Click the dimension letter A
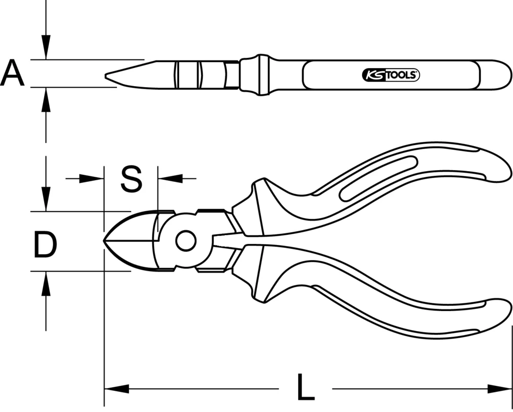click(12, 73)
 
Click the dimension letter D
click(45, 244)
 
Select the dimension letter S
click(131, 179)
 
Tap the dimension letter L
click(305, 388)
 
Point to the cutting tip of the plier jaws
click(106, 241)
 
